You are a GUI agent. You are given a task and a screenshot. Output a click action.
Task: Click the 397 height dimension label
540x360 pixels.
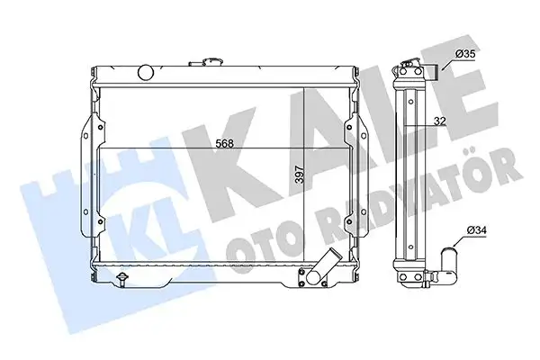click(x=299, y=173)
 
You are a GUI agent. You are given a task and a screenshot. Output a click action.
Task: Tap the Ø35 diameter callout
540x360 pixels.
click(x=465, y=55)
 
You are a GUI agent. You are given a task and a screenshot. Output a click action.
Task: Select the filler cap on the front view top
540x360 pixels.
click(x=210, y=61)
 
